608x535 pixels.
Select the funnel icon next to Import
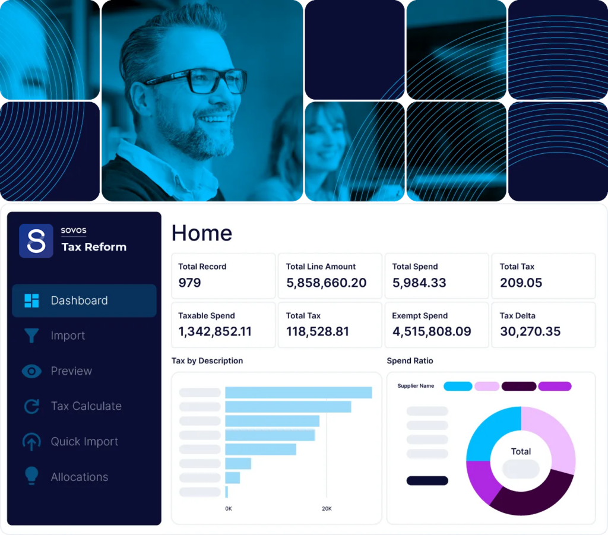pyautogui.click(x=31, y=335)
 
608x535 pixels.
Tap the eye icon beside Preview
pyautogui.click(x=31, y=371)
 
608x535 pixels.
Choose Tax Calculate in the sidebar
pyautogui.click(x=86, y=406)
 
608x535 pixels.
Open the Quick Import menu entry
pyautogui.click(x=84, y=442)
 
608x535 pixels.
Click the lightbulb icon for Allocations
pyautogui.click(x=31, y=476)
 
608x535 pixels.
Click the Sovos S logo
pyautogui.click(x=36, y=240)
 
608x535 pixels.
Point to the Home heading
pyautogui.click(x=202, y=233)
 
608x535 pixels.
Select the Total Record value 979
pyautogui.click(x=190, y=283)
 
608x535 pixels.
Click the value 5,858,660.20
pyautogui.click(x=326, y=283)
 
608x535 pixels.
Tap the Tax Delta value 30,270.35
pyautogui.click(x=530, y=331)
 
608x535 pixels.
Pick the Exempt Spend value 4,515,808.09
pyautogui.click(x=431, y=331)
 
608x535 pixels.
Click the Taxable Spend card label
pyautogui.click(x=207, y=316)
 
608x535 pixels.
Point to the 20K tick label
pyautogui.click(x=327, y=509)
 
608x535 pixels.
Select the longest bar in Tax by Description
pyautogui.click(x=298, y=392)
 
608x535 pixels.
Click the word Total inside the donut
pyautogui.click(x=521, y=451)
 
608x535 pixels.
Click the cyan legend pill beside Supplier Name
pyautogui.click(x=458, y=386)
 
